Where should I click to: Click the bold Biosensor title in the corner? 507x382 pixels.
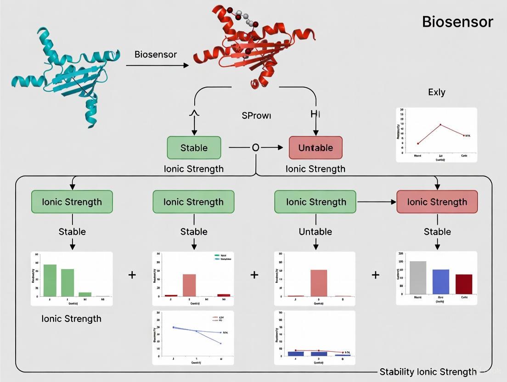pos(457,22)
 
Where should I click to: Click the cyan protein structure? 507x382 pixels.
pos(69,73)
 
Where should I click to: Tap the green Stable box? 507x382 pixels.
pos(194,148)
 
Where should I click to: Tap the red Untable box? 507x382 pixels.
pos(315,148)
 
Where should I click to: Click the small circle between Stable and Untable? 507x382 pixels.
pos(255,148)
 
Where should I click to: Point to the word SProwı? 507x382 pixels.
pos(256,116)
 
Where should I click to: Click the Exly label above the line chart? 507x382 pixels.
pos(436,92)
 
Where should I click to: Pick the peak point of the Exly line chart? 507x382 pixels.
pos(440,124)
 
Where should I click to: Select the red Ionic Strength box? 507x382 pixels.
pos(437,202)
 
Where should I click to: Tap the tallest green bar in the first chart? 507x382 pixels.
pos(50,280)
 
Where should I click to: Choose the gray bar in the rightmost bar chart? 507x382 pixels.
pos(418,277)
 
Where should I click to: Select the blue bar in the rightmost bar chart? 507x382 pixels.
pos(441,281)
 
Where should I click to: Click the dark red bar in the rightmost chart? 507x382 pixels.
pos(464,284)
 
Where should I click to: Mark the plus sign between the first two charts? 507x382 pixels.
pos(132,275)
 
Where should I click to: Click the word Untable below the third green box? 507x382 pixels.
pos(315,231)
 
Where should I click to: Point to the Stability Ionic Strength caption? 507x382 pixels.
pos(428,372)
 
